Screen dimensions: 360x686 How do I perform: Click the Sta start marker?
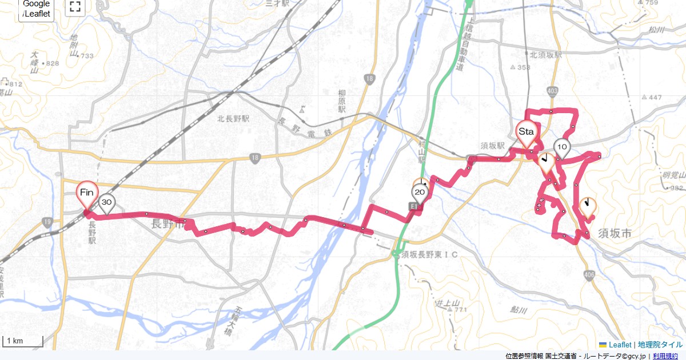tap(526, 132)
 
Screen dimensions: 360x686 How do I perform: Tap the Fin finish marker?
tap(87, 193)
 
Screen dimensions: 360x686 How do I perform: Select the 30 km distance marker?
tap(106, 202)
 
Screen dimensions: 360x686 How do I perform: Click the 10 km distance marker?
tap(562, 147)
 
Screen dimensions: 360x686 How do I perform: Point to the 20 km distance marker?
tap(420, 193)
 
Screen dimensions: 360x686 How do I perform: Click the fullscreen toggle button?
tap(74, 7)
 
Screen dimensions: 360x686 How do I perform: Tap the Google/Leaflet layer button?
tap(37, 9)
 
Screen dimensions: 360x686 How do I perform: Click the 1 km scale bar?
tap(23, 341)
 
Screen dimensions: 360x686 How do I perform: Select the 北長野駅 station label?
tap(233, 119)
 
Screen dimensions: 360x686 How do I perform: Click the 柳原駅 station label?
tap(342, 101)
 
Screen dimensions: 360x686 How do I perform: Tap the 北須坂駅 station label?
tap(545, 55)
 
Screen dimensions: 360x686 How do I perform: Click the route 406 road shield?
tap(589, 277)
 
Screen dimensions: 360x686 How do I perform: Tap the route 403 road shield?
tap(552, 91)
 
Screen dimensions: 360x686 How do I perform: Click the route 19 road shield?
tap(47, 221)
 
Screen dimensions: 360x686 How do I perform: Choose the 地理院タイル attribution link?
tap(660, 345)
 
